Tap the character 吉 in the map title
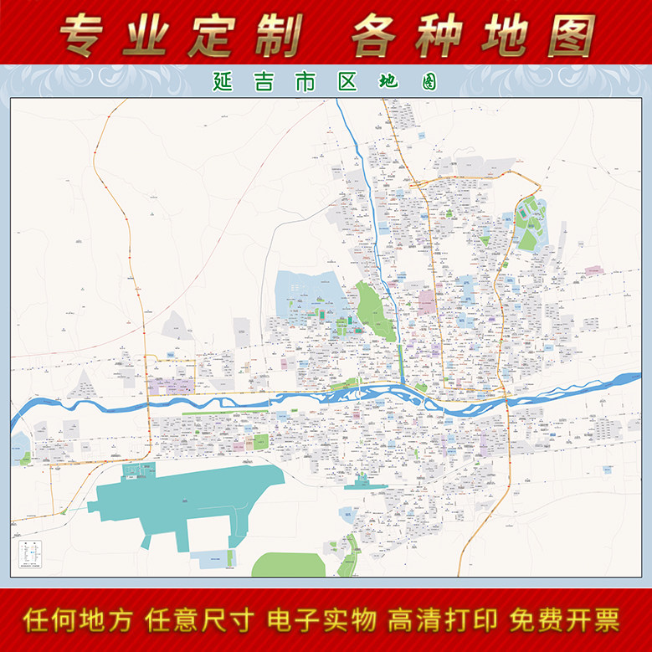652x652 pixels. [x=258, y=82]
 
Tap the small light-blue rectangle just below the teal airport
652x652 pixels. [x=213, y=559]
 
